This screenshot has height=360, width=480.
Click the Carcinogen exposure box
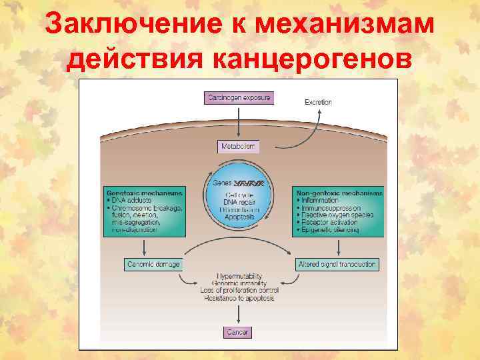click(239, 98)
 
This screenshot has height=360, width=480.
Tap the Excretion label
click(318, 102)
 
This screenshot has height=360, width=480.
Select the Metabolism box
click(238, 146)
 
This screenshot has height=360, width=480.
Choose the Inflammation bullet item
click(318, 200)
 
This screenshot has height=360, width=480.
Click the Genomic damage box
click(153, 265)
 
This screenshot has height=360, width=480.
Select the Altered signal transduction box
click(337, 265)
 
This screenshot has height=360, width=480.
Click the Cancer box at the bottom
click(238, 332)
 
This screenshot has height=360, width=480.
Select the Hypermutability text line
click(239, 275)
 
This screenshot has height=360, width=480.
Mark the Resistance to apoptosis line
click(239, 298)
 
